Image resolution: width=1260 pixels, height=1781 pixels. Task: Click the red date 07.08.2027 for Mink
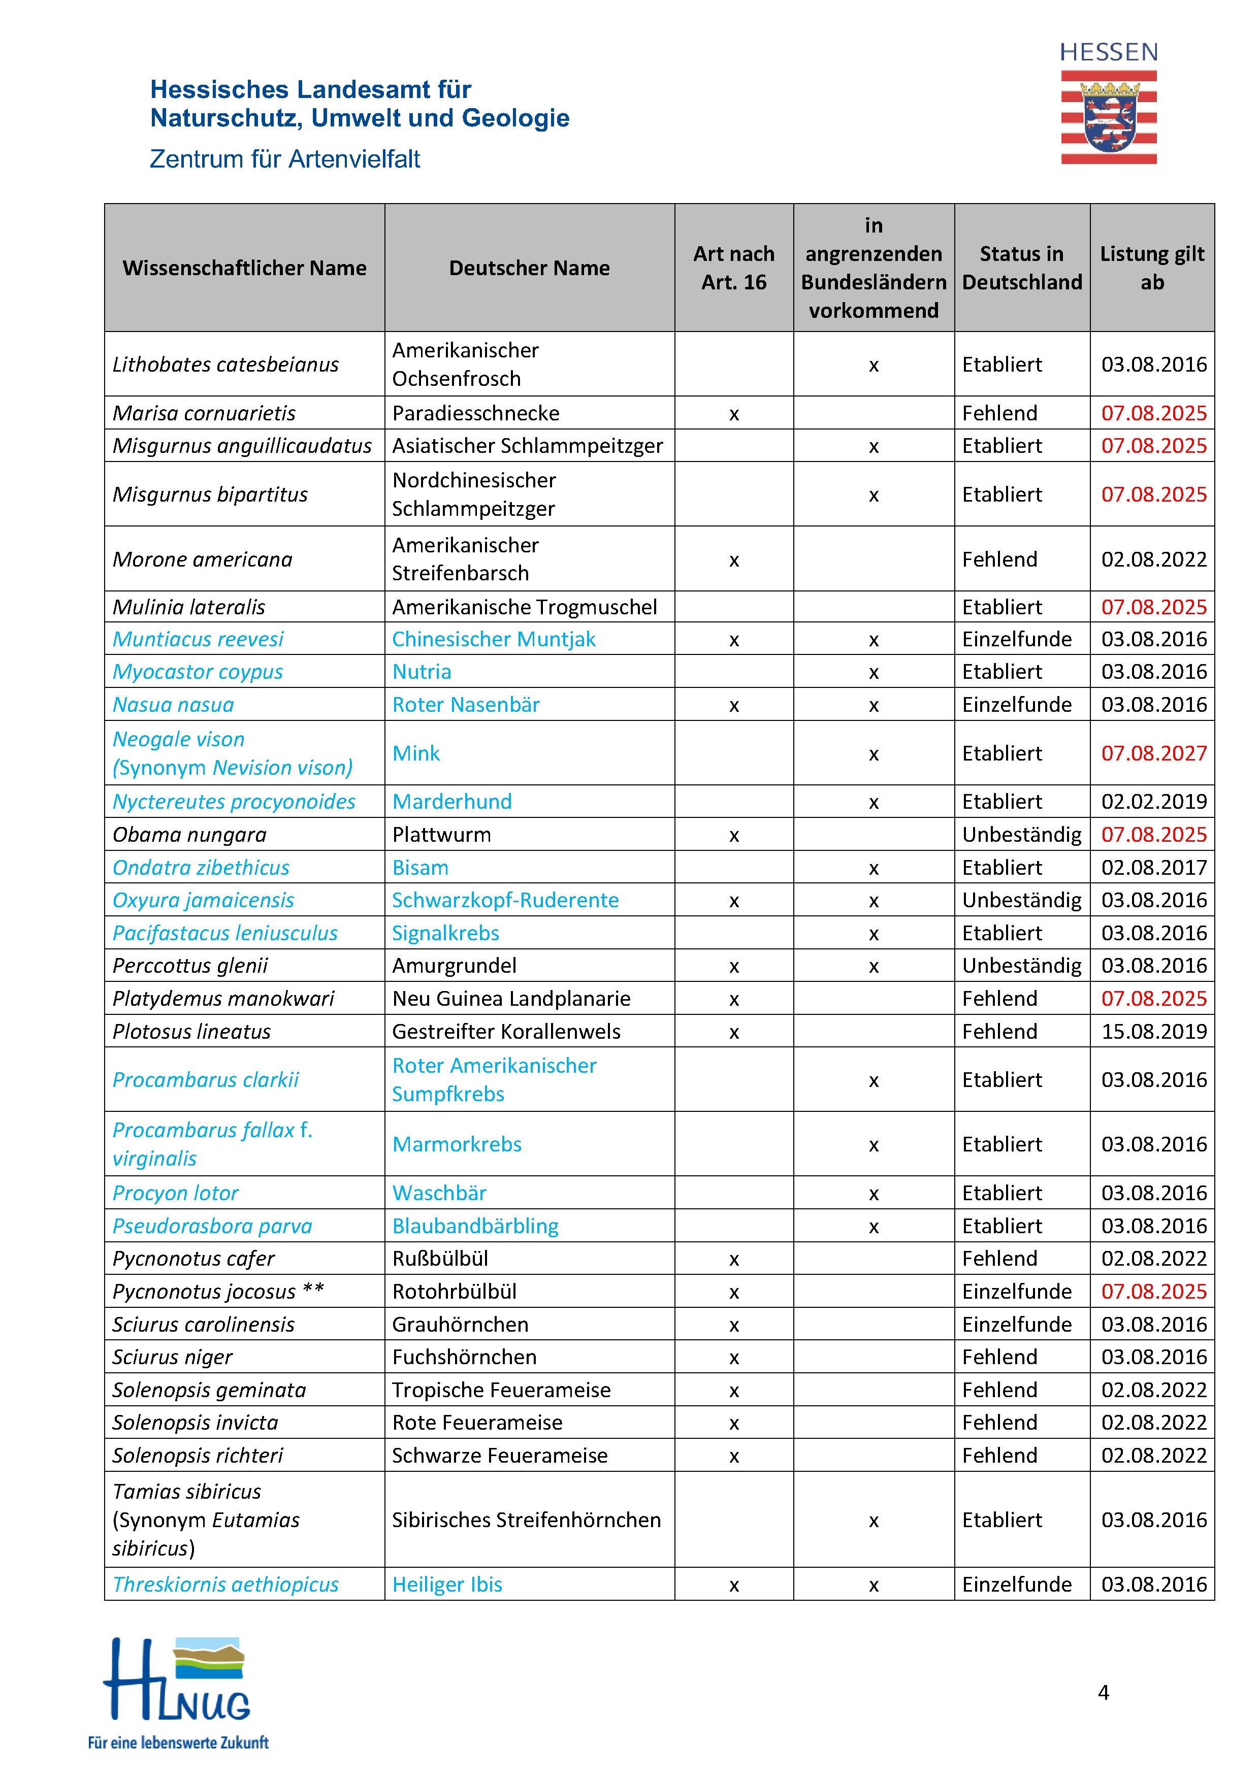pos(1154,753)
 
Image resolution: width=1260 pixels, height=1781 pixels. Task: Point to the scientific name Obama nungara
pos(189,835)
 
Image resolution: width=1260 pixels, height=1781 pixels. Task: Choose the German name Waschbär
pos(439,1193)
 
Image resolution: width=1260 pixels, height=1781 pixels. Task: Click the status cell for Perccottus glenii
pos(1021,966)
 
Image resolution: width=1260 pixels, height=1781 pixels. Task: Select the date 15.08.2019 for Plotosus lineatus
pos(1154,1032)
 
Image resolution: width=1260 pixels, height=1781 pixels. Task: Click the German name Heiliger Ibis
pos(447,1584)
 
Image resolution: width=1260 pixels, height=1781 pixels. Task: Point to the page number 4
pos(1103,1692)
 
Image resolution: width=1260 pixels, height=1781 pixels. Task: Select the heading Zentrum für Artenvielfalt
pos(285,159)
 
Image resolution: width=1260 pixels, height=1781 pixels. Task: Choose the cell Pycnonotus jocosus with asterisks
pos(218,1292)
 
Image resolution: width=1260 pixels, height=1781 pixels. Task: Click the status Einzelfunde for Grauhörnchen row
pos(1016,1324)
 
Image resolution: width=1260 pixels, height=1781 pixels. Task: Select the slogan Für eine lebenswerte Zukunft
pos(178,1742)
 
